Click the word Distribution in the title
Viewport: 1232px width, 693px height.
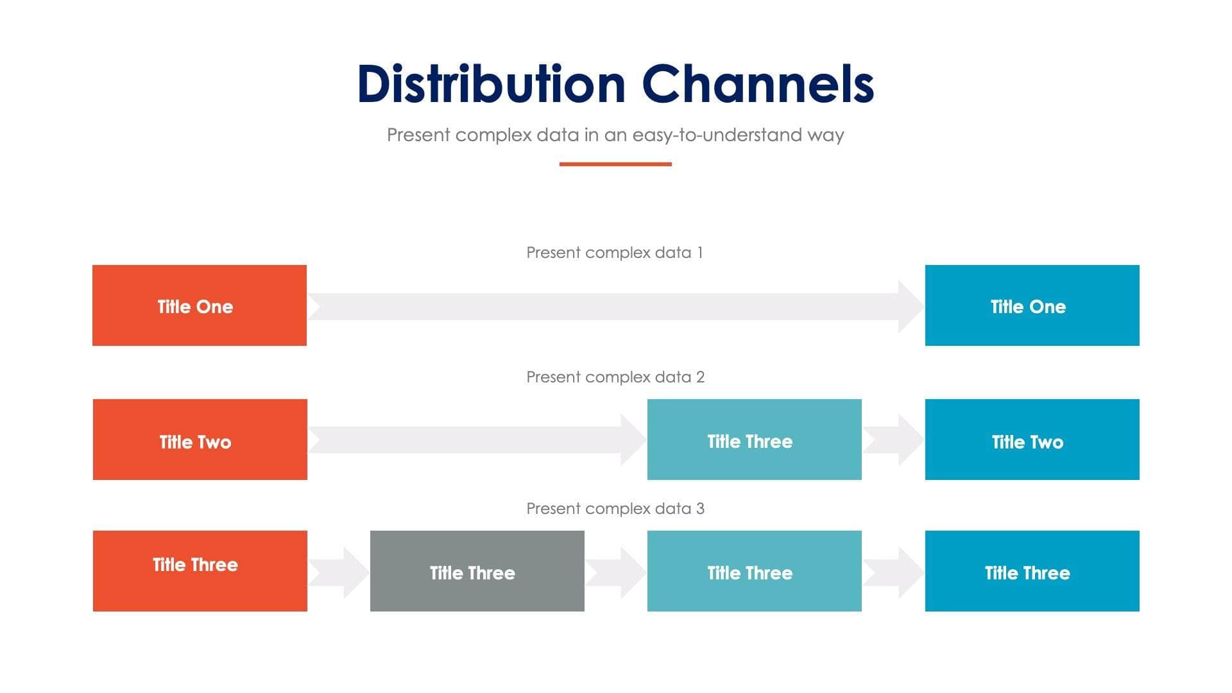[x=491, y=84]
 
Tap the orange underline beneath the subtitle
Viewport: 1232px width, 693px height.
[x=615, y=164]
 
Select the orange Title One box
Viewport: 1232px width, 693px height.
[x=200, y=305]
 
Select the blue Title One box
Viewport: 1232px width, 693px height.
[x=1032, y=305]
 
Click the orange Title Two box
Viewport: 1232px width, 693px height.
[x=200, y=440]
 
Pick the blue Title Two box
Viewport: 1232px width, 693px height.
[x=1032, y=440]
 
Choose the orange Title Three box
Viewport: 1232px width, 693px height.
[x=200, y=570]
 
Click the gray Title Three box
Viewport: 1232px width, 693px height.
[x=477, y=570]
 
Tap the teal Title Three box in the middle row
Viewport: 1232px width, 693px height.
[x=754, y=440]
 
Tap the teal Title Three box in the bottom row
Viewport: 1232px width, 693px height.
[x=754, y=570]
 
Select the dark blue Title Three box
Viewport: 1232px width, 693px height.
[x=1032, y=570]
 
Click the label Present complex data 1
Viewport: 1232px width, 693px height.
[x=615, y=252]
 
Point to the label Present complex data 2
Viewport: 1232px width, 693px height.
[x=615, y=377]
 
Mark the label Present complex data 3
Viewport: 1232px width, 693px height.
[x=615, y=508]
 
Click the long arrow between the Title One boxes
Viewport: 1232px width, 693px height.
[x=615, y=307]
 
